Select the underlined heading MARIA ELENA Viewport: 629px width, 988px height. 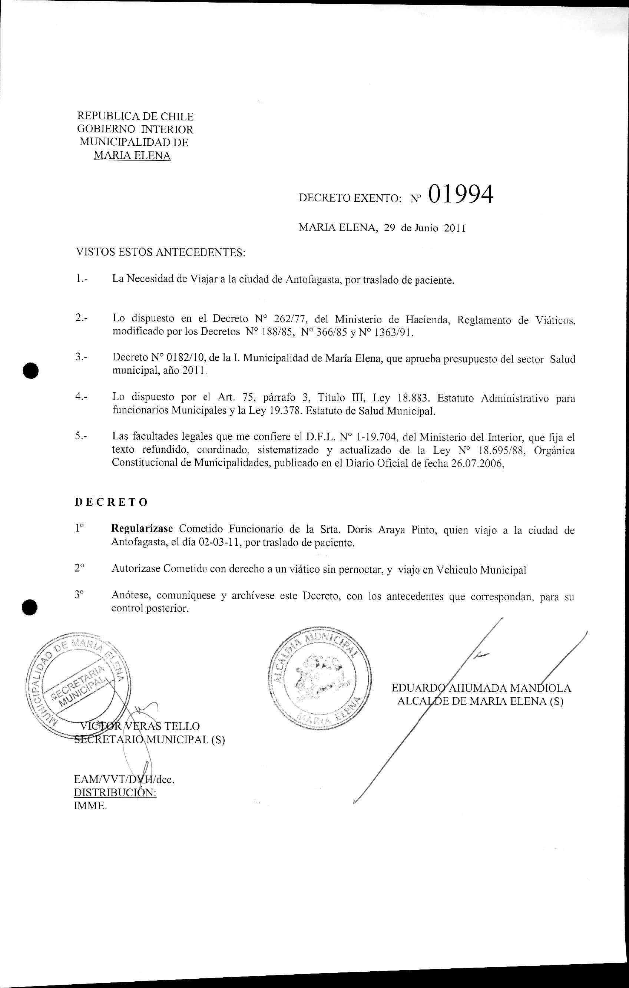pos(132,155)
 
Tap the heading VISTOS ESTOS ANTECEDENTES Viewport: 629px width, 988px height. pos(160,252)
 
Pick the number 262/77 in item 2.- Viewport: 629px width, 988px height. pos(290,319)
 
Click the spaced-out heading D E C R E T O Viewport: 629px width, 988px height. pos(111,502)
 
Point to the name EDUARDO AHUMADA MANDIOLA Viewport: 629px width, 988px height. pos(481,688)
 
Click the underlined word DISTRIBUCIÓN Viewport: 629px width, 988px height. pos(115,792)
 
